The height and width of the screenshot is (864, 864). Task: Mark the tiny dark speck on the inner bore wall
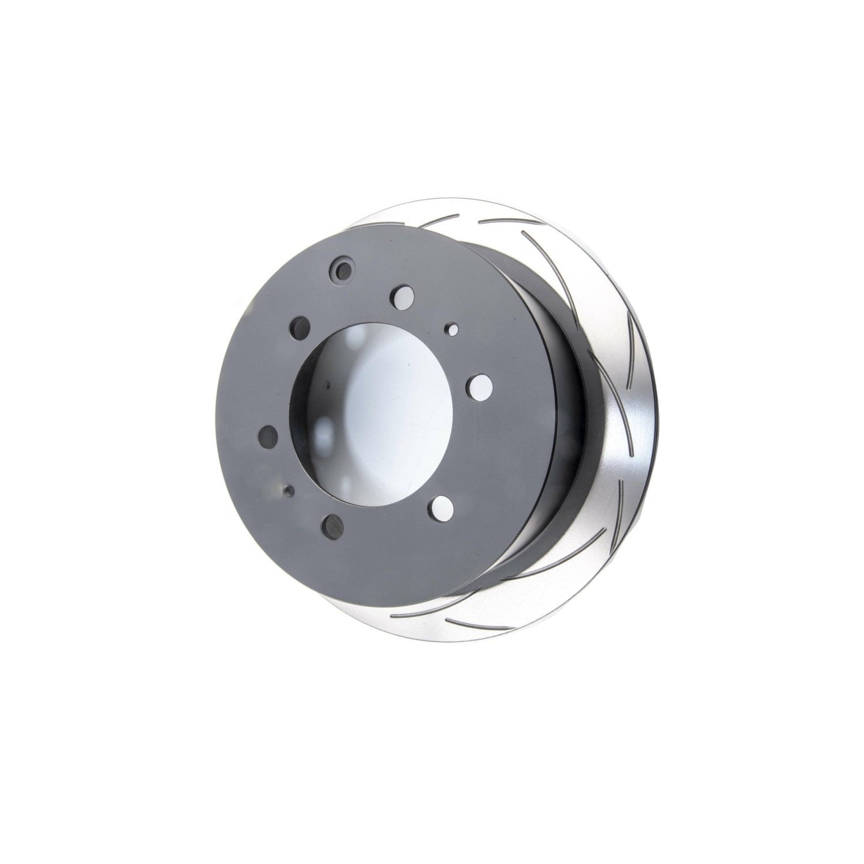point(326,386)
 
